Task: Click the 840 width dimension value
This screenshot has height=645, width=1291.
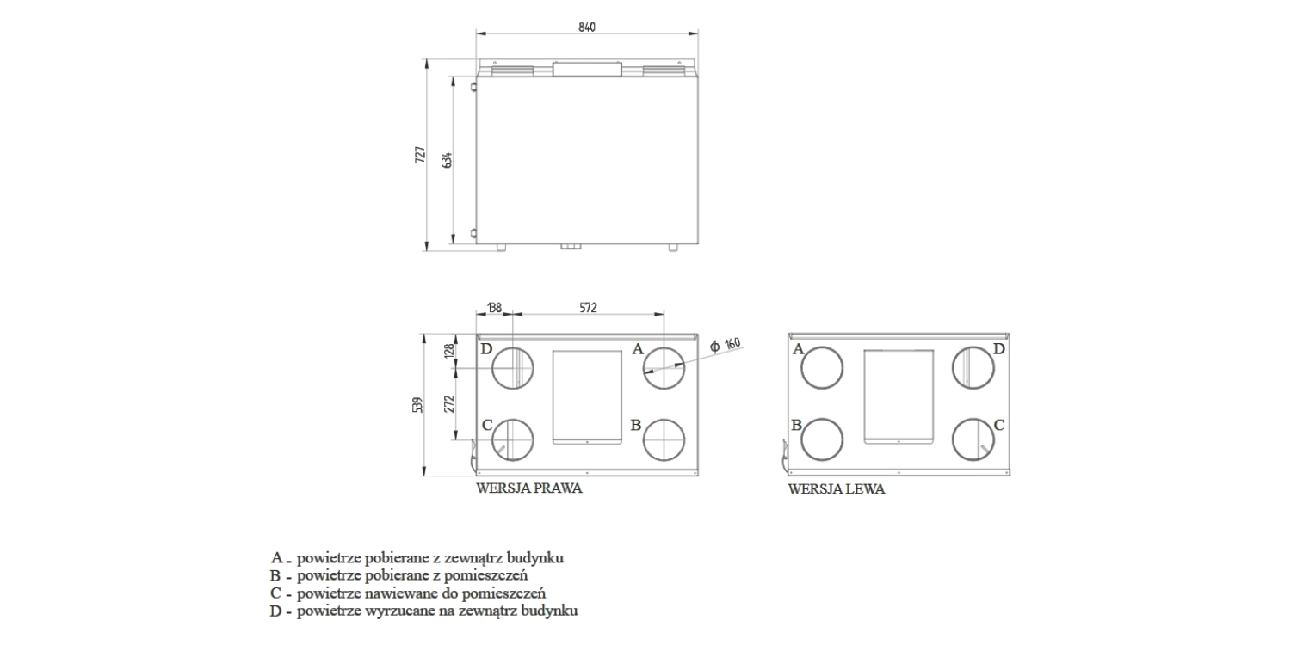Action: coord(586,28)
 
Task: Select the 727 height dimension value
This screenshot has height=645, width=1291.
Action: coord(420,155)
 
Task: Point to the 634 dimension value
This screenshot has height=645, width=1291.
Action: coord(447,160)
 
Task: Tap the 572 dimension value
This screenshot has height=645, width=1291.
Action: coord(587,307)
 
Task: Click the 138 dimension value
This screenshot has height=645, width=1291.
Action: coord(494,307)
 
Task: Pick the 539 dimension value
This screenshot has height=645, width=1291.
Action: coord(417,404)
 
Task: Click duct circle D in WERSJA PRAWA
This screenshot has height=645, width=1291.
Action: coord(513,369)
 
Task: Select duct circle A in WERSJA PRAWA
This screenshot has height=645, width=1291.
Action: coord(664,369)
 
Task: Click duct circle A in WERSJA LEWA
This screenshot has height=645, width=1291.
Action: coord(823,369)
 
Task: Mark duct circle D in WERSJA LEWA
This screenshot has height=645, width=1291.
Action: coord(973,369)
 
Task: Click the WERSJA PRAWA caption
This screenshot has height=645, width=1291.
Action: coord(529,488)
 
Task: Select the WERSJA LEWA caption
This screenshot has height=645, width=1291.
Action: coord(837,489)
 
